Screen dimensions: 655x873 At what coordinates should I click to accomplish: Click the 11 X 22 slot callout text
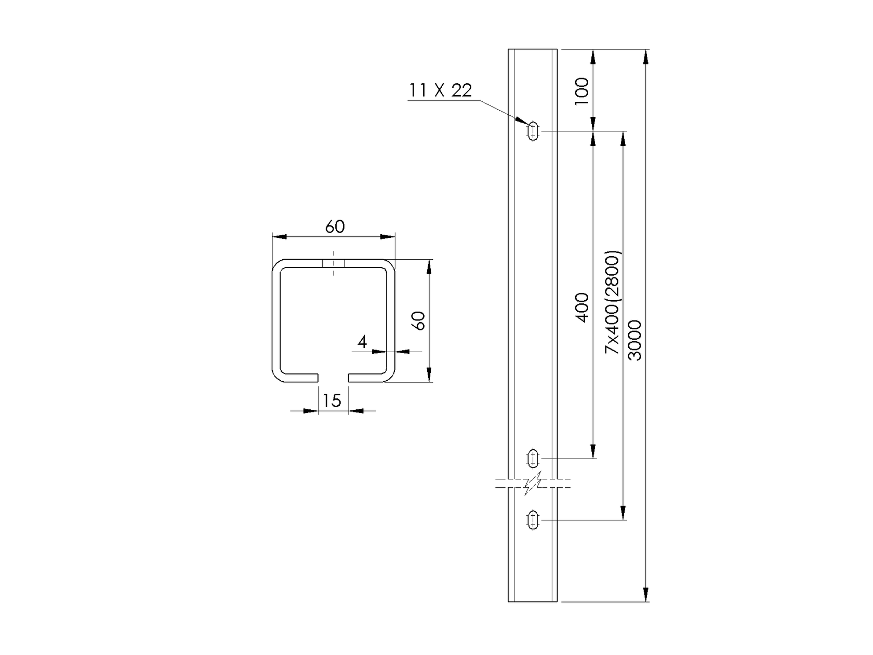[x=441, y=91]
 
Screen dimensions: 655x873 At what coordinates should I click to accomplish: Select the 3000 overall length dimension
[x=634, y=340]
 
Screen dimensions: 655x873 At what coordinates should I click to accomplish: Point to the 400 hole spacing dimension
[x=583, y=308]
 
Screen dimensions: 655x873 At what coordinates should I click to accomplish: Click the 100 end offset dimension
[x=581, y=91]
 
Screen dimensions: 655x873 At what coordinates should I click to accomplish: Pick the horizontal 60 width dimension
[x=335, y=227]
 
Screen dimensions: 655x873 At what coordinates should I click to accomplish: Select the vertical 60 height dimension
[x=419, y=320]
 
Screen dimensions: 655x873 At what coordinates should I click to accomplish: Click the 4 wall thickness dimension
[x=362, y=342]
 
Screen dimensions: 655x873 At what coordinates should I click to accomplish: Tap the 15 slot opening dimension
[x=332, y=400]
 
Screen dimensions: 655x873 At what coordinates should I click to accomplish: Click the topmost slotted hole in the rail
[x=533, y=131]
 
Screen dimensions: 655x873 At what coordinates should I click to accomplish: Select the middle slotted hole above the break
[x=533, y=459]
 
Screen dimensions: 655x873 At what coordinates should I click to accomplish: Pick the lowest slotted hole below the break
[x=533, y=519]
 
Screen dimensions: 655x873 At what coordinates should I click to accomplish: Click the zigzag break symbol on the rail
[x=533, y=484]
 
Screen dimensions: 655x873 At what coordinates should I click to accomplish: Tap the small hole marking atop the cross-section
[x=333, y=263]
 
